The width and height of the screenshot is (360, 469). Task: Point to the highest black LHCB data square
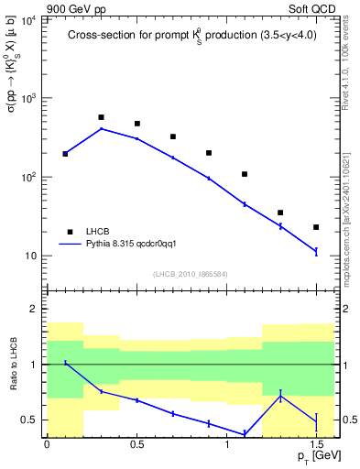click(101, 117)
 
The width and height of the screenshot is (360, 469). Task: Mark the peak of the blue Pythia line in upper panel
click(101, 128)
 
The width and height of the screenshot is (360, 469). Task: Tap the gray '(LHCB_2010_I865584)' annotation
click(191, 273)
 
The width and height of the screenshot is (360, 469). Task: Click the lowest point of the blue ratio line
click(245, 434)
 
